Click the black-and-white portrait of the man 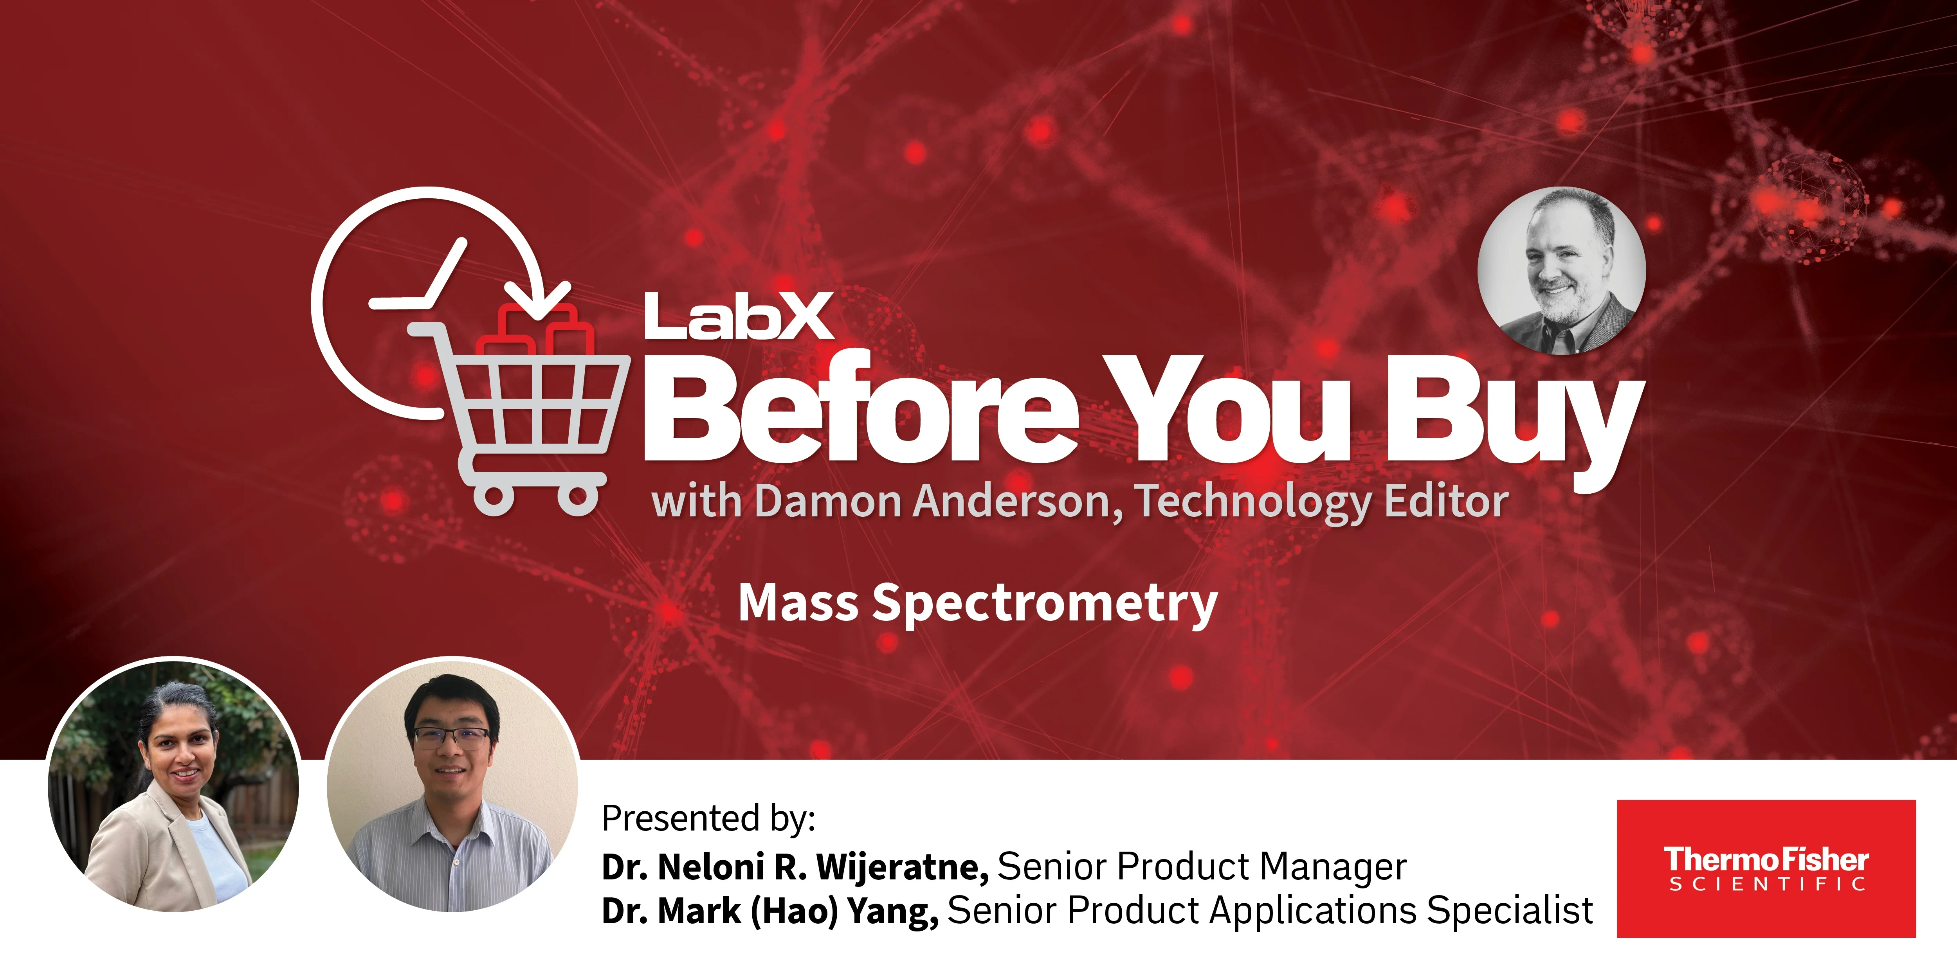1562,271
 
